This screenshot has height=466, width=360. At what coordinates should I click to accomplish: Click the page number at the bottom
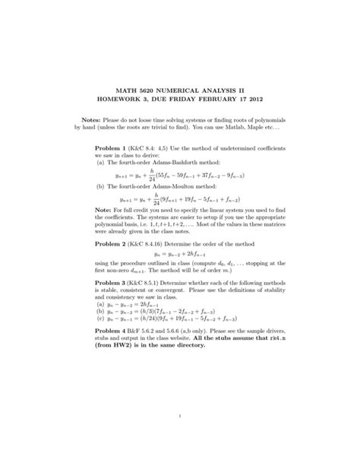click(x=179, y=415)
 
